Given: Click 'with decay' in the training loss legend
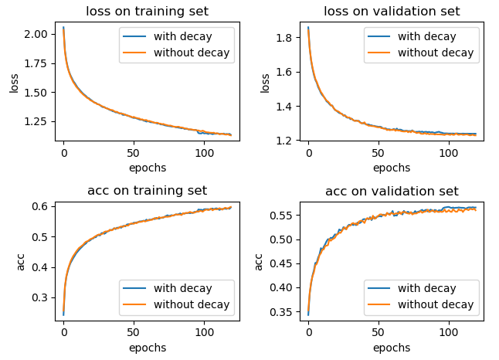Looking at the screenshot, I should [x=182, y=36].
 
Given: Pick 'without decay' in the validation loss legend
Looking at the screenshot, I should [x=435, y=53].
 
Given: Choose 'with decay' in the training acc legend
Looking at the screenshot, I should [x=182, y=288].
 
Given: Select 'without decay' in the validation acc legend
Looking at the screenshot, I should [x=435, y=304].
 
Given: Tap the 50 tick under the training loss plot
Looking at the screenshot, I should [x=134, y=154].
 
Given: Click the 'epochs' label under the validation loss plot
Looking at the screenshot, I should [x=392, y=168].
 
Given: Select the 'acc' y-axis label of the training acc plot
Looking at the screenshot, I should [x=21, y=262].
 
